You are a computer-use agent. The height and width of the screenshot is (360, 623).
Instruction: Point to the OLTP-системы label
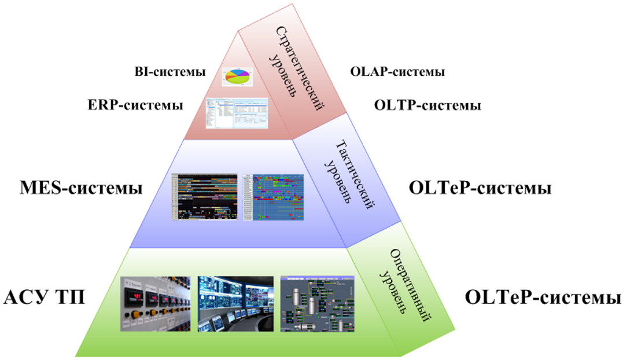[x=427, y=106]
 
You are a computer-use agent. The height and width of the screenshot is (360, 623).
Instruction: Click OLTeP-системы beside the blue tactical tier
[x=480, y=188]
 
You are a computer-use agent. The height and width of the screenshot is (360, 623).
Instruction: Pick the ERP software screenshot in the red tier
[x=238, y=113]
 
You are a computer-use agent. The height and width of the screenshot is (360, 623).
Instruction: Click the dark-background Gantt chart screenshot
[x=205, y=196]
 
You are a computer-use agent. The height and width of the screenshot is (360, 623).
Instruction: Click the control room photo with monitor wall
[x=234, y=303]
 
